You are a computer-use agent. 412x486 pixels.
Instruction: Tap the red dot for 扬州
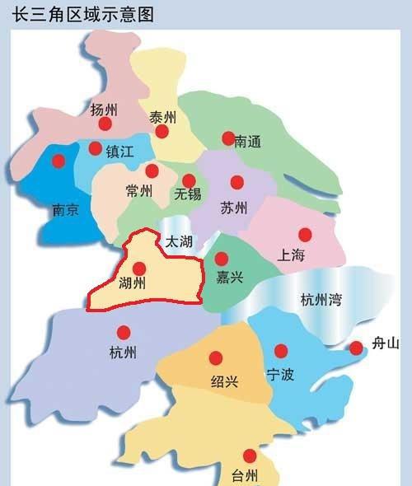tap(105, 124)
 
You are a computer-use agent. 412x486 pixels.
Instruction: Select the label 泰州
tap(162, 117)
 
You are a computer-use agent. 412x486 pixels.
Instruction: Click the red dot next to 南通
tap(228, 138)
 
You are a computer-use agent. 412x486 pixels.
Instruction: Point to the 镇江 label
tap(116, 152)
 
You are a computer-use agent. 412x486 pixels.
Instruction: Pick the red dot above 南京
tap(58, 161)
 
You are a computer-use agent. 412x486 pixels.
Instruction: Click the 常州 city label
tap(139, 191)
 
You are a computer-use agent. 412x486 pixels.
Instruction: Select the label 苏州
tap(234, 208)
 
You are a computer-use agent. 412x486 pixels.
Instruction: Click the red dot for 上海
tap(305, 234)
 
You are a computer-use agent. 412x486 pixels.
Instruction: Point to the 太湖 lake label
tap(179, 241)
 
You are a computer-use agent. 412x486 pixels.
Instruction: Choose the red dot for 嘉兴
tap(221, 259)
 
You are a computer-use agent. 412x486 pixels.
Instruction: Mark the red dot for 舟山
tap(356, 348)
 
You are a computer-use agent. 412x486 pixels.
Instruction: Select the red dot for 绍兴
tap(216, 357)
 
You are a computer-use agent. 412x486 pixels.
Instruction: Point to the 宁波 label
tap(279, 375)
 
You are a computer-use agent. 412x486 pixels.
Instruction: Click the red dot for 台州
tap(250, 456)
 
